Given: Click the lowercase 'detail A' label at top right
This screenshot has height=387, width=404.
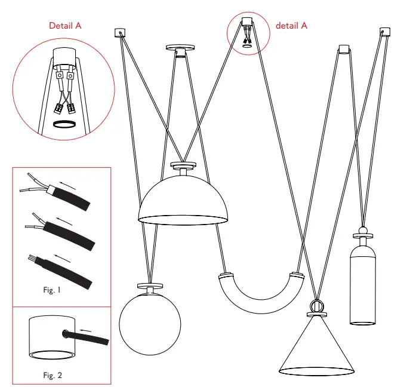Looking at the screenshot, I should coord(291,26).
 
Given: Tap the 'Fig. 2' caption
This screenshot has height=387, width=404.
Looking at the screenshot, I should coord(53,376).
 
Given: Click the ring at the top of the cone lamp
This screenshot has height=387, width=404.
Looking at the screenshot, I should coord(316,306).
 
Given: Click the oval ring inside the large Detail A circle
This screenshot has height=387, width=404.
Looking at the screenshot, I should coord(64,124).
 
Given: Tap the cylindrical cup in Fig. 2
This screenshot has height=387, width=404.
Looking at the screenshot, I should coord(51,338).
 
